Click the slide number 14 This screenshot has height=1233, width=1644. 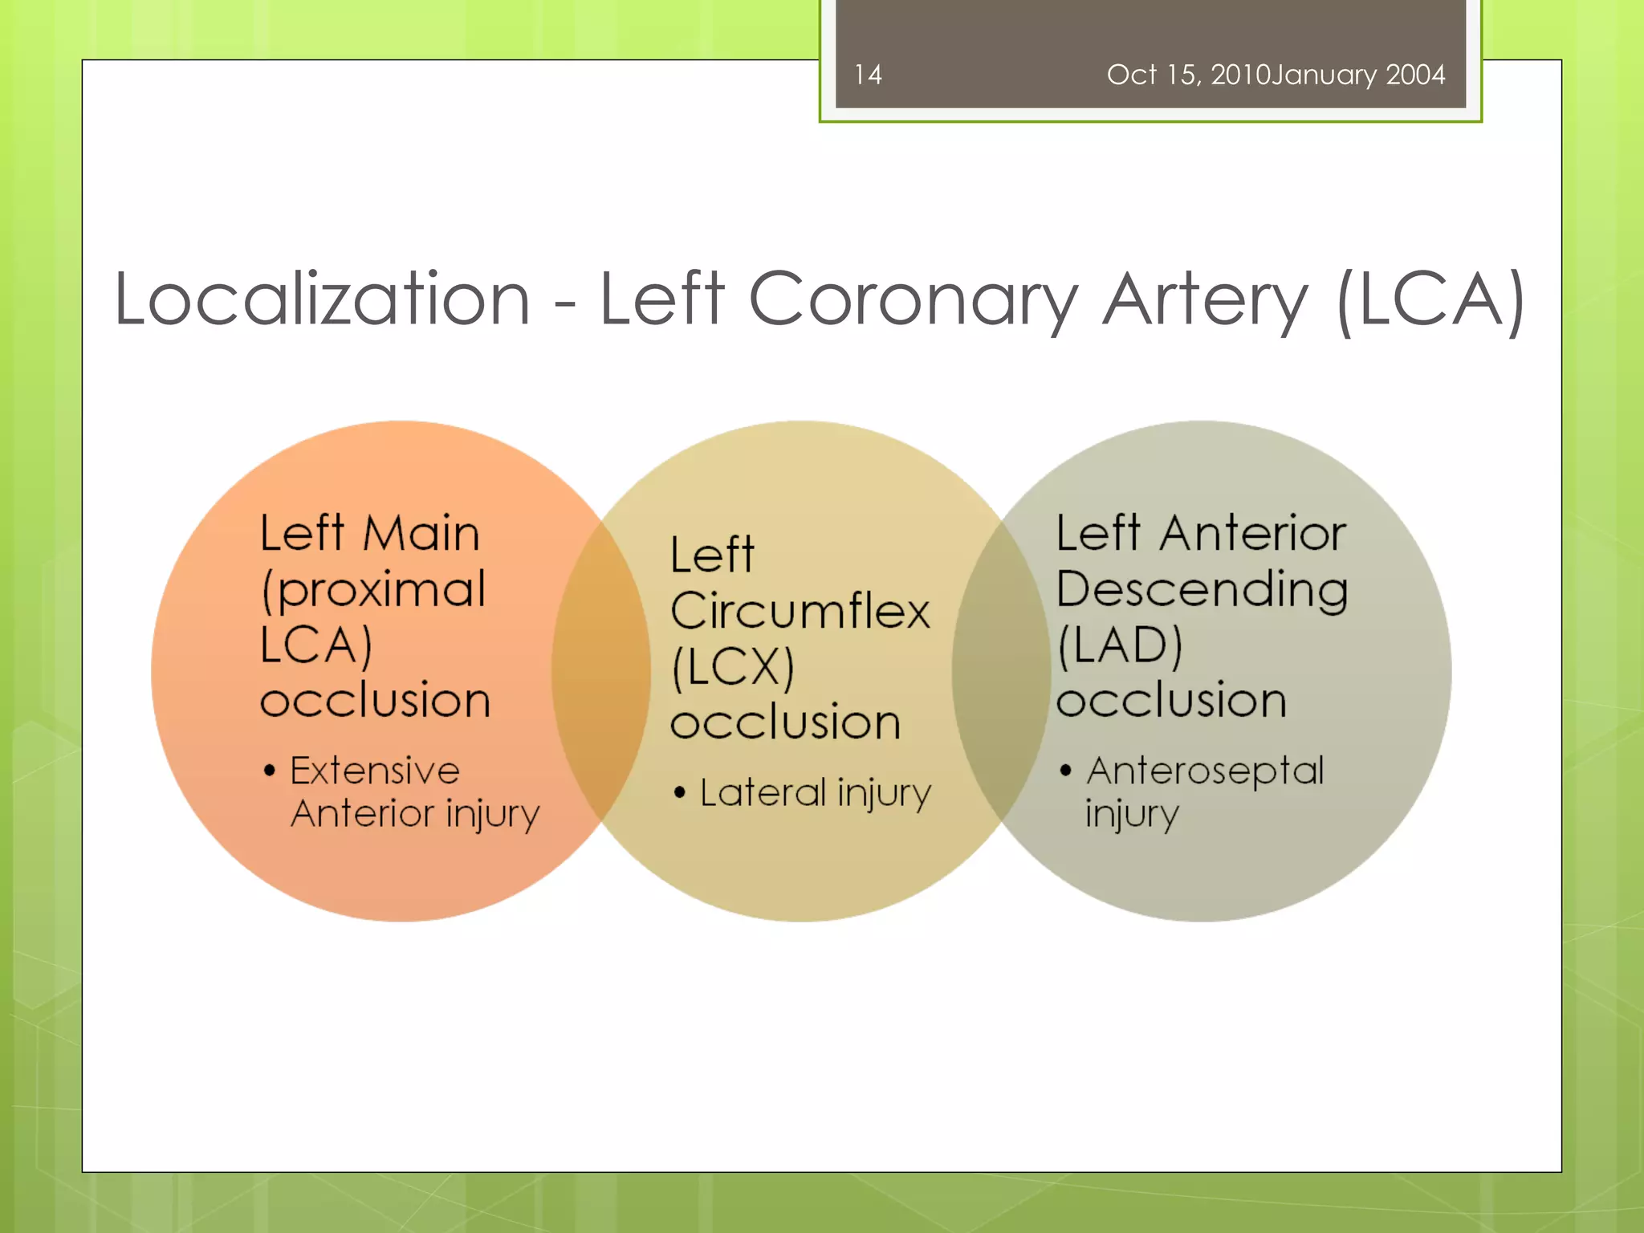click(868, 75)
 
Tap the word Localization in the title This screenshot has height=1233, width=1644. click(322, 299)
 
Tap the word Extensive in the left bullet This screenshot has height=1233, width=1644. click(375, 771)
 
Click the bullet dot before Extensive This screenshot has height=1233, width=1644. click(270, 771)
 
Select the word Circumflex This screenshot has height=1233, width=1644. click(800, 611)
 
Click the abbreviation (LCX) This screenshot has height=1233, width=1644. click(733, 667)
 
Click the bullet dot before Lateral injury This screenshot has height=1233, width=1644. click(680, 794)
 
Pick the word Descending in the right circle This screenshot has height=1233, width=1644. click(1202, 590)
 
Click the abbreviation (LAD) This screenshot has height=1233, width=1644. click(1120, 645)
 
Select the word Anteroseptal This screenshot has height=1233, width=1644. click(1205, 771)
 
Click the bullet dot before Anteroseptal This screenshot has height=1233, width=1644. click(1065, 771)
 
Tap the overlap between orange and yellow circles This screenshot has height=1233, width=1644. click(600, 670)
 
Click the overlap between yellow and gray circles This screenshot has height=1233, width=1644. click(1001, 670)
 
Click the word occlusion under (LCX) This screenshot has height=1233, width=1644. click(785, 722)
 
